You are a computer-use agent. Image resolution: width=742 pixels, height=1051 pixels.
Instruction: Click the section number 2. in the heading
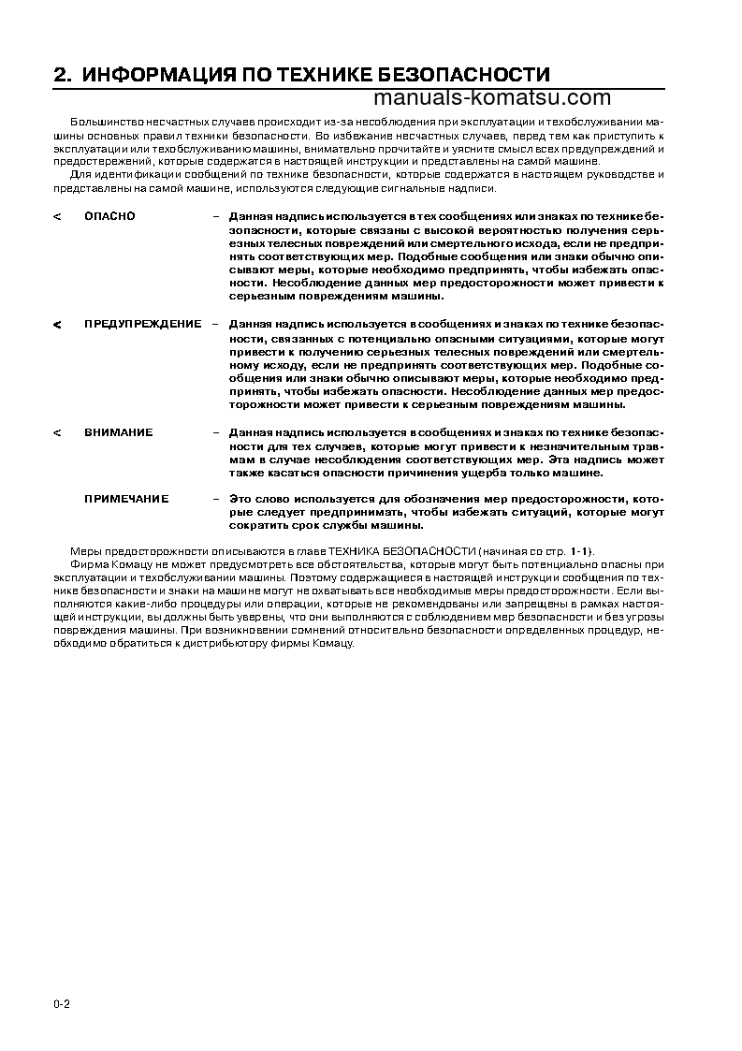(63, 76)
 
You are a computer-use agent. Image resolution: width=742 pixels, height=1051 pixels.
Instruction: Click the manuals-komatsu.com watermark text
(491, 98)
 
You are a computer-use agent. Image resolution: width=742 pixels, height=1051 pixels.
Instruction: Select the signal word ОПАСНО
(109, 216)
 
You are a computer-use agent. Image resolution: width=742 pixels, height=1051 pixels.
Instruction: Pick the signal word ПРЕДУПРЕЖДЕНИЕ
(142, 324)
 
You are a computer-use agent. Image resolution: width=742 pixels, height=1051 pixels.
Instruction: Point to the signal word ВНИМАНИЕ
(118, 432)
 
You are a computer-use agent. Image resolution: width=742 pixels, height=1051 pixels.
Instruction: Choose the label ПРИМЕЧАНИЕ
(126, 499)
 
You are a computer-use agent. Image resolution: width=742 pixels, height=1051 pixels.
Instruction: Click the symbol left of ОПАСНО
(57, 217)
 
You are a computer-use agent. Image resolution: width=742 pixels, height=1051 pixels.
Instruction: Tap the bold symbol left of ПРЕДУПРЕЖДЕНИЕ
(57, 325)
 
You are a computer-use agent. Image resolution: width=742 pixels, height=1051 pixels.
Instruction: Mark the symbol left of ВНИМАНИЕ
(57, 433)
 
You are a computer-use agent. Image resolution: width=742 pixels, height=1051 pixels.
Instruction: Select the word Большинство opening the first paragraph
(99, 124)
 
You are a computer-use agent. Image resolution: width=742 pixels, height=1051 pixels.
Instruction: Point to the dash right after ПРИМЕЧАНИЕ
(216, 499)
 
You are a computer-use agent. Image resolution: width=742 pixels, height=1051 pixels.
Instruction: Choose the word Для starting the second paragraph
(80, 175)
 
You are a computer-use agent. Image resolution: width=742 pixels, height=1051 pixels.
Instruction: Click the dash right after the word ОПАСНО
(216, 216)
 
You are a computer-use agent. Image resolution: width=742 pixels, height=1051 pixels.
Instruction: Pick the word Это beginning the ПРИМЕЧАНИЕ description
(240, 499)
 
